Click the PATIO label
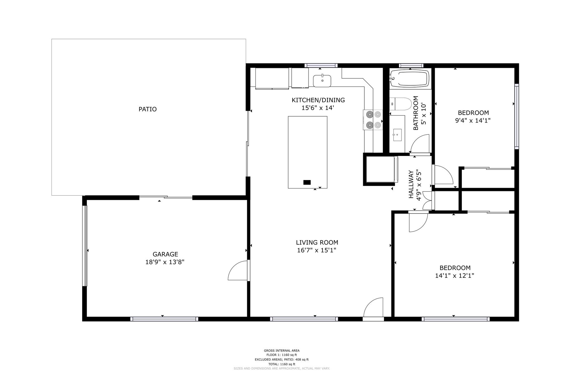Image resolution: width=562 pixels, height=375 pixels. [148, 109]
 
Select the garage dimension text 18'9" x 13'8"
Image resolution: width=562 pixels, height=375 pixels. [165, 262]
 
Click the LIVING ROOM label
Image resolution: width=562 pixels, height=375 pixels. [317, 242]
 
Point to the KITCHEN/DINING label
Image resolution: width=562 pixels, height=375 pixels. [318, 100]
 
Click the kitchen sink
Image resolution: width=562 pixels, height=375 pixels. [322, 81]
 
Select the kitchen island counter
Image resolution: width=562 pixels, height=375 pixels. [308, 152]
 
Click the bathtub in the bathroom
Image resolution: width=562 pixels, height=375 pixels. [410, 78]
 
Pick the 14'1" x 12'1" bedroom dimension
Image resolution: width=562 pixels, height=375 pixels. [455, 276]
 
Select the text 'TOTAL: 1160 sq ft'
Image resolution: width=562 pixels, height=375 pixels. [282, 364]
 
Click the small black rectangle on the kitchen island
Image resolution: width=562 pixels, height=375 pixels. [307, 182]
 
